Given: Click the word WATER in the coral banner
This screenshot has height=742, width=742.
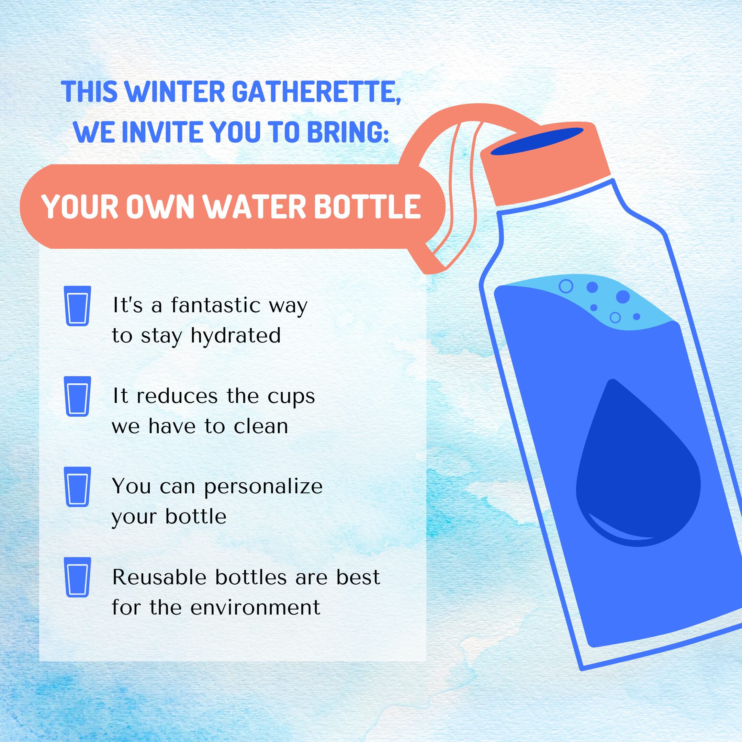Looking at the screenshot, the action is [254, 207].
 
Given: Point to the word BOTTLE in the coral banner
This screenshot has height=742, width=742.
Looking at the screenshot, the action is [368, 207].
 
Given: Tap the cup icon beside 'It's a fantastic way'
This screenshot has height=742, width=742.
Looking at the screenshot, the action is [78, 306].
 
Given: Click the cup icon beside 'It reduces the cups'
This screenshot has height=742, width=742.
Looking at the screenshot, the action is [78, 396].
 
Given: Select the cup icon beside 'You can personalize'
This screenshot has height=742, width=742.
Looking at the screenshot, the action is [78, 487].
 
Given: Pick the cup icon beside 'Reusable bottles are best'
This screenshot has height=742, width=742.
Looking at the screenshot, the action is [78, 577].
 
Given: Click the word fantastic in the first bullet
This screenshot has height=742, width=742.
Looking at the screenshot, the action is [216, 306].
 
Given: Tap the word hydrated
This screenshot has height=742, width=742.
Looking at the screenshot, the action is [236, 336].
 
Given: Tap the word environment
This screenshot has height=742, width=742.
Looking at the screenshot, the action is [255, 608].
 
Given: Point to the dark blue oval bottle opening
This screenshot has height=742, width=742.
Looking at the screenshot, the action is [537, 141].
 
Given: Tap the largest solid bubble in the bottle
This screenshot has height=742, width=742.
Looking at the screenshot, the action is [623, 297].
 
